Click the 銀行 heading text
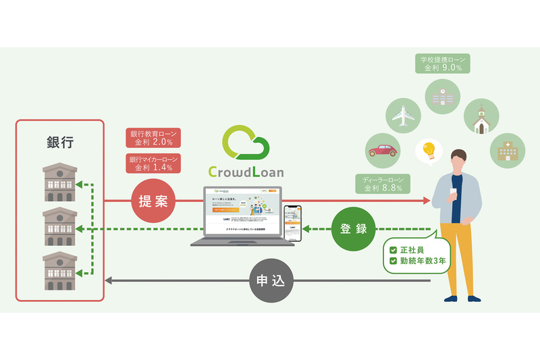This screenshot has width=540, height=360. coord(60,143)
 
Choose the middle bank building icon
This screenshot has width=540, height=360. coord(60,226)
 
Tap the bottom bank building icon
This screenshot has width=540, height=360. coord(60,271)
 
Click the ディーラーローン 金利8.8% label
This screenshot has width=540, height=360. coord(382,184)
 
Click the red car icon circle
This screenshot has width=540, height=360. coord(382,150)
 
